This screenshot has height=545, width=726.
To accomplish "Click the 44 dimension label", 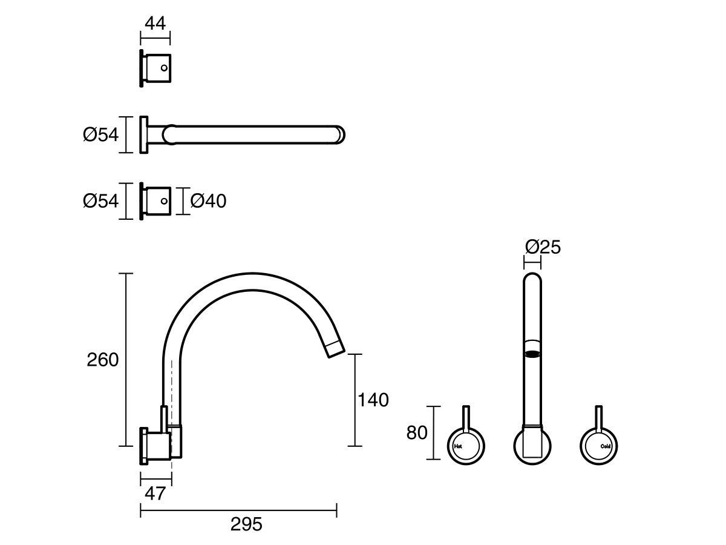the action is [x=155, y=24].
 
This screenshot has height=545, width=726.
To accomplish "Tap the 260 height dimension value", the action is [x=102, y=360].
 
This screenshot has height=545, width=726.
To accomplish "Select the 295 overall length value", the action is [x=246, y=524].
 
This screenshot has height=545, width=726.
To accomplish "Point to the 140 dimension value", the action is [x=373, y=400].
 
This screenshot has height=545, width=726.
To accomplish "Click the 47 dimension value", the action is [x=155, y=494].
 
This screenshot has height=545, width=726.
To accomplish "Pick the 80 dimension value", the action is [x=417, y=432].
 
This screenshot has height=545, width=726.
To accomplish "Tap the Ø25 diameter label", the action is [x=543, y=247].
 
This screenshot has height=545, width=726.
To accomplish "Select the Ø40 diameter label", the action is [x=208, y=201].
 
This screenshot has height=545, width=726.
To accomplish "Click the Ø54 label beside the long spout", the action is [x=101, y=134].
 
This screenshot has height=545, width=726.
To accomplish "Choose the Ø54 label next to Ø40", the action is [x=101, y=201].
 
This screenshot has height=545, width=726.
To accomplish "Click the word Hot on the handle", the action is [x=458, y=446].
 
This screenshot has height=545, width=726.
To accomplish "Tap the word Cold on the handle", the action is [x=606, y=446].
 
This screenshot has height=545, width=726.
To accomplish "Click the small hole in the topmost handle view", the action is [x=164, y=68].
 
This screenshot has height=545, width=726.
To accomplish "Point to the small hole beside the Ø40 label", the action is [x=164, y=201].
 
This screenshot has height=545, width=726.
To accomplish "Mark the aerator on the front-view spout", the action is [x=532, y=354].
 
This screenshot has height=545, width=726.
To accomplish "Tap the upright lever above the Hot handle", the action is [x=466, y=418].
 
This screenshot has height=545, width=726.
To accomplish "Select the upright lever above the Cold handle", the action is [x=599, y=418].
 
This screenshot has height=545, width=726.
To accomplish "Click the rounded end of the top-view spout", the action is [x=341, y=134].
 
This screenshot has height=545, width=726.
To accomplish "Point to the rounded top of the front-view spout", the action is [x=532, y=277].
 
